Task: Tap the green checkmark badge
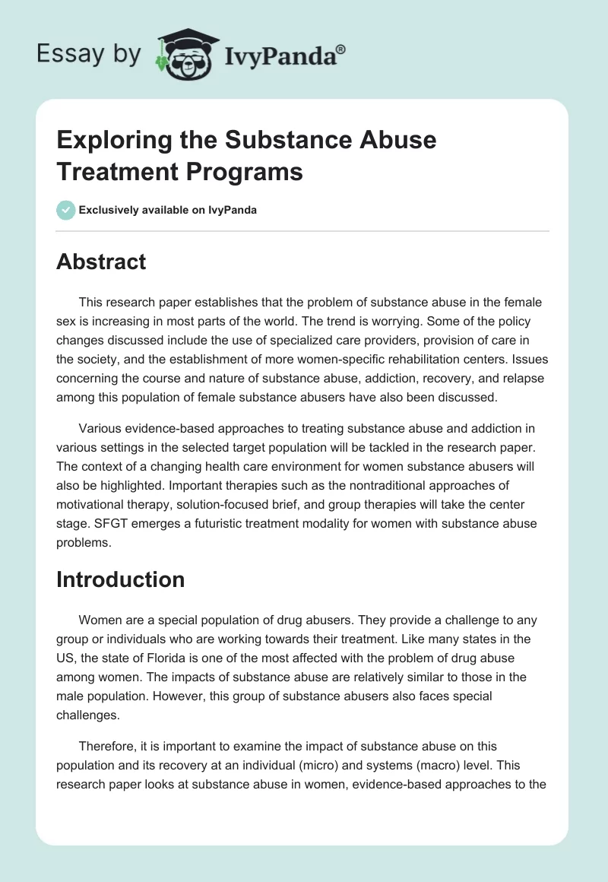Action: tap(65, 210)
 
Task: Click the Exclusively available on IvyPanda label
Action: tap(167, 211)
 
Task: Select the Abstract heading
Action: tap(101, 262)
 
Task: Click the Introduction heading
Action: tap(121, 579)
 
